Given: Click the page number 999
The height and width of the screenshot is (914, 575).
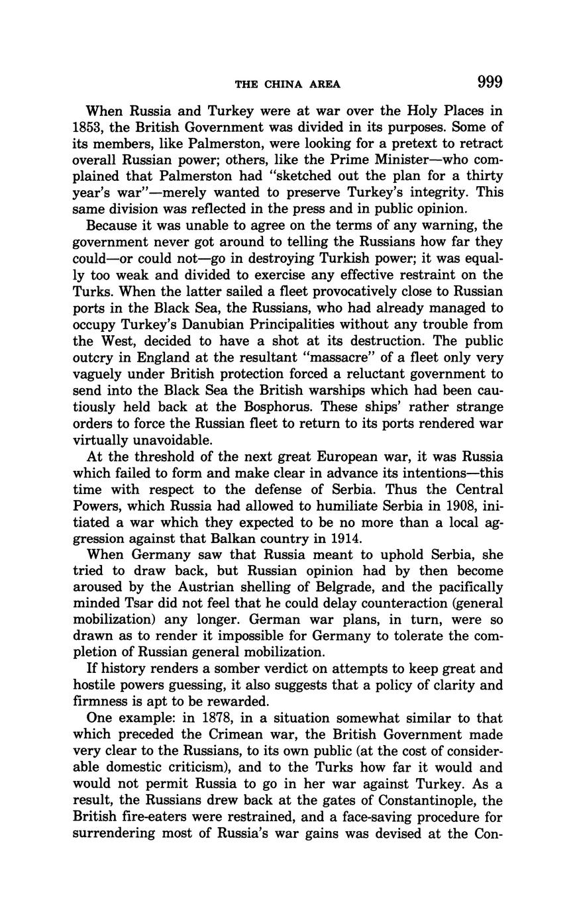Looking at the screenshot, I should (489, 82).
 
